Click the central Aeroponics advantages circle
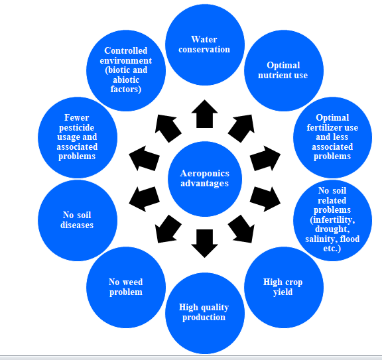[x=205, y=179]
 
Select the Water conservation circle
[x=205, y=45]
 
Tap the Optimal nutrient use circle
[x=284, y=71]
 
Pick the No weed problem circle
[x=126, y=288]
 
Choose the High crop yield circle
[x=284, y=288]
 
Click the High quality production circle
[x=205, y=313]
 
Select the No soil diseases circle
[x=78, y=220]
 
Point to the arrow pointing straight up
[x=205, y=114]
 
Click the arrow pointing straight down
[x=205, y=243]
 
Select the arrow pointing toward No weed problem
[x=168, y=229]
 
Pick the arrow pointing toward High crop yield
[x=242, y=229]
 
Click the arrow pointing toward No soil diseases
[x=144, y=200]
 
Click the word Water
[x=204, y=40]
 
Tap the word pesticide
[x=77, y=128]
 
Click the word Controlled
[x=126, y=50]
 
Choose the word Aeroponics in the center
[x=205, y=174]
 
